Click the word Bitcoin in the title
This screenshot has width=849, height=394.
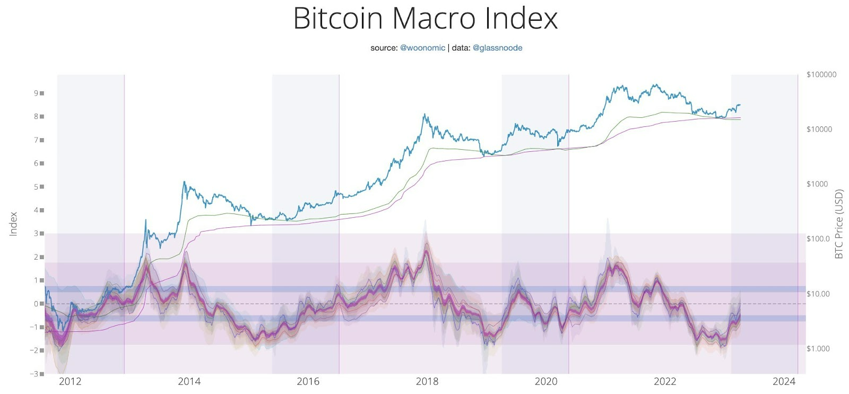[337, 19]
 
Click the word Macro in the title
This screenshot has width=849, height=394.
[434, 19]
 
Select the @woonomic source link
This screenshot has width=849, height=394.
[422, 48]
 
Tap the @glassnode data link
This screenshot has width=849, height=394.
[497, 48]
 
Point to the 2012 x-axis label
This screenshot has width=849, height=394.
[70, 381]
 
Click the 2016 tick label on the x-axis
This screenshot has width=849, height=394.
[308, 381]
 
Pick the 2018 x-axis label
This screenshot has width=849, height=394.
[427, 381]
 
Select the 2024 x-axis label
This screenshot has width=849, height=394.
[784, 381]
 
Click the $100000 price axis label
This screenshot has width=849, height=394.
[821, 75]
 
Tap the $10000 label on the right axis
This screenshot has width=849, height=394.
[819, 130]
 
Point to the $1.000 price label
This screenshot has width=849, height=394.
[818, 349]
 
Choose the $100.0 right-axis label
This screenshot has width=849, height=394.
[818, 239]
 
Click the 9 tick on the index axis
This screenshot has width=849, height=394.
[36, 93]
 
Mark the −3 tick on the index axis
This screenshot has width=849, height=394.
[34, 374]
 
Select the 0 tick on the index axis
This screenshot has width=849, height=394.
[36, 304]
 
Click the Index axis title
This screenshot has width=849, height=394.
[14, 224]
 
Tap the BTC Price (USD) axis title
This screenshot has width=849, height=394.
[839, 224]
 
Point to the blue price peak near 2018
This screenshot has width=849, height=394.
[424, 114]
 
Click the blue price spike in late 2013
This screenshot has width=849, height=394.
[184, 182]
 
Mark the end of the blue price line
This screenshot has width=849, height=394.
[740, 105]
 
